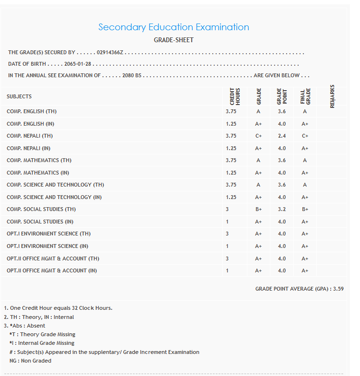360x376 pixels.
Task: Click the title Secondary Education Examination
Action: [x=174, y=27]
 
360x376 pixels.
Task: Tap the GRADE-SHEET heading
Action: [x=174, y=40]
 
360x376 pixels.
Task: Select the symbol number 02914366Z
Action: [x=110, y=52]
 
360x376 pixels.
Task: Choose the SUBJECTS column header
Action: [x=19, y=97]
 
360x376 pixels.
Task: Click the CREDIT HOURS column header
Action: [x=235, y=96]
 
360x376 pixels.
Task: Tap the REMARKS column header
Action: [x=332, y=96]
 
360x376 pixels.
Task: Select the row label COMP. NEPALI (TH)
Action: [x=30, y=136]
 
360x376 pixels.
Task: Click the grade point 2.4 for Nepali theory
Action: [x=282, y=136]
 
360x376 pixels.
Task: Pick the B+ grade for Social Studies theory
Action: [x=258, y=209]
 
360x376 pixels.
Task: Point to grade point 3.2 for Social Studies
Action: [x=282, y=209]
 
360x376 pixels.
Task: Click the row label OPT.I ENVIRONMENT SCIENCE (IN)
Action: [x=47, y=246]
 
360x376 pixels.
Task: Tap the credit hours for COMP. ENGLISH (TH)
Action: [x=231, y=111]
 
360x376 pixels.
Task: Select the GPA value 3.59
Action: [x=338, y=289]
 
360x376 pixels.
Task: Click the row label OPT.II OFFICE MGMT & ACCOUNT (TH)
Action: [x=53, y=258]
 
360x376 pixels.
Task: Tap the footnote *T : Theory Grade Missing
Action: [x=42, y=334]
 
